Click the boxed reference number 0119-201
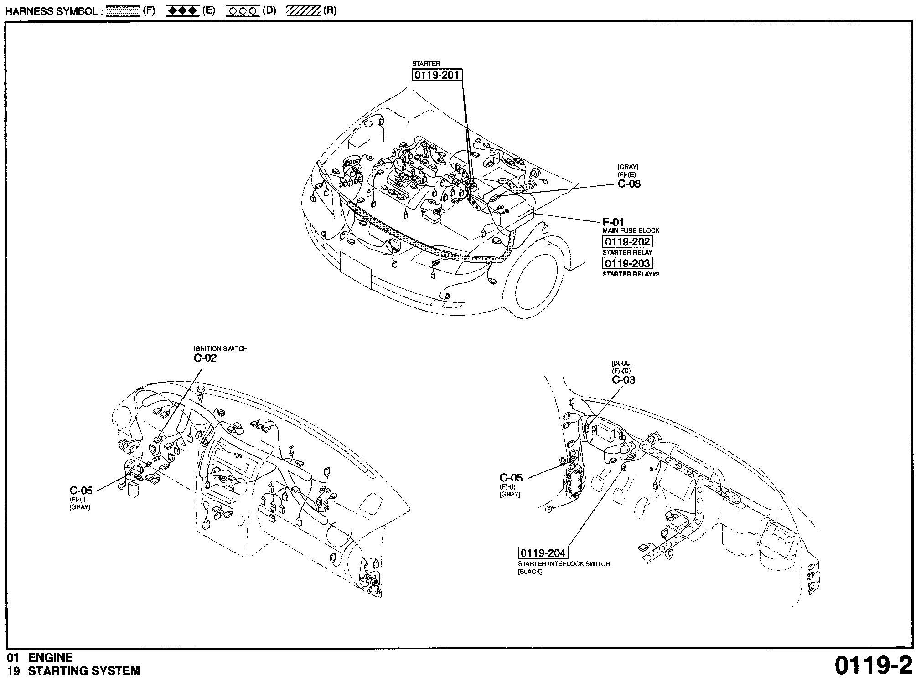pos(437,75)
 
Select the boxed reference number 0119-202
pos(627,241)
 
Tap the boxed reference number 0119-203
pos(627,263)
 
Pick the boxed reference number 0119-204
pos(543,553)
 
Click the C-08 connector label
pos(629,184)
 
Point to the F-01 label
pos(613,222)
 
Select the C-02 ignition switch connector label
pos(205,358)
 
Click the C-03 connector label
pos(623,380)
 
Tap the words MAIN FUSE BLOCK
pos(631,231)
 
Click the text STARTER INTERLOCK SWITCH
pos(564,564)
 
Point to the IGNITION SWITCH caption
pos(220,349)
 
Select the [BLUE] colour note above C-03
pos(621,363)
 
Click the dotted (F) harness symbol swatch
pos(123,11)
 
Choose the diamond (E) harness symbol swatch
pos(182,11)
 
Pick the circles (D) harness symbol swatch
pos(243,11)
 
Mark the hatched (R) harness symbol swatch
pos(303,11)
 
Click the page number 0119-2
pos(873,666)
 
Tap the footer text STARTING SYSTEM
pos(84,671)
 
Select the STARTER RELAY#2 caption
pos(631,274)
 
